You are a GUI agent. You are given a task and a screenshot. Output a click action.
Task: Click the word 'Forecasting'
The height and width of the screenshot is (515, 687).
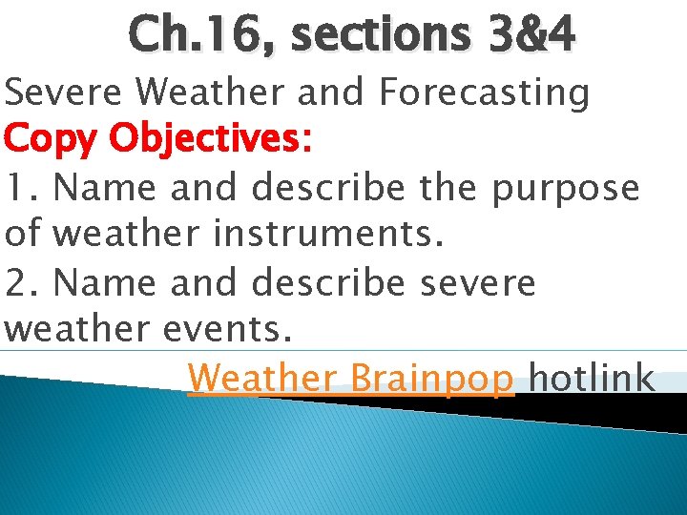tap(484, 93)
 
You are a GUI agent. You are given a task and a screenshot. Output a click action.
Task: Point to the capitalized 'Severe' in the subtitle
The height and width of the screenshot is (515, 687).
tap(63, 93)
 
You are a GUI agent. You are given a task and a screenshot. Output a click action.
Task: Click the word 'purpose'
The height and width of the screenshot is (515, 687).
tap(566, 188)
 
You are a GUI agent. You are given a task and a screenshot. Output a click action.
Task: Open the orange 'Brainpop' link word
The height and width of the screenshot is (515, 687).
tap(432, 379)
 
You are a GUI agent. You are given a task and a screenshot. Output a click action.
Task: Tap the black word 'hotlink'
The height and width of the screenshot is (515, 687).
tap(592, 378)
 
